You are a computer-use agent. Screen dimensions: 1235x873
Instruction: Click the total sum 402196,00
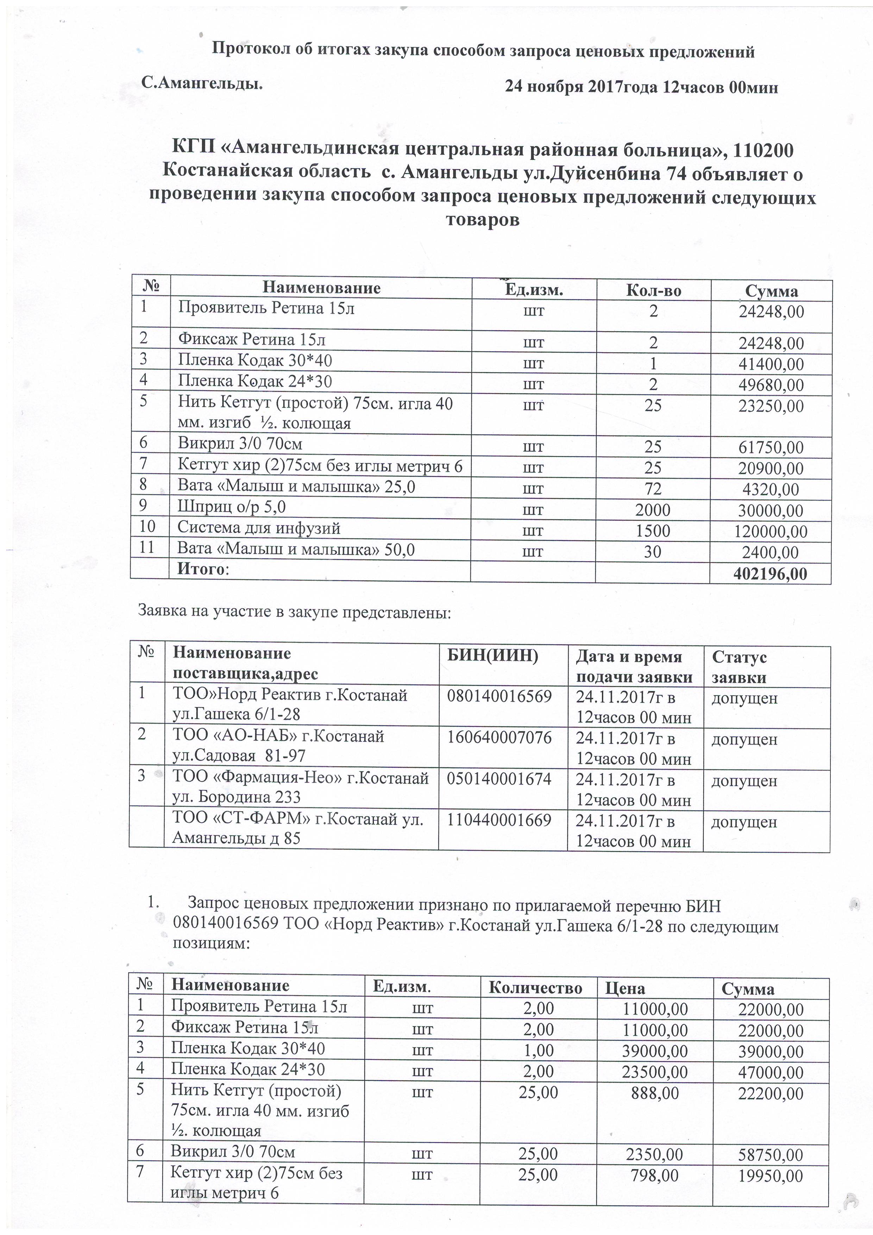(770, 574)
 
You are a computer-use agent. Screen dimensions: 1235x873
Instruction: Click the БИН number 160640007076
(499, 737)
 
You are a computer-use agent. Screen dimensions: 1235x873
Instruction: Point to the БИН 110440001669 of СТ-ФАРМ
(499, 820)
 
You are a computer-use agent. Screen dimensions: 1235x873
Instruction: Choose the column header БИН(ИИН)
(493, 656)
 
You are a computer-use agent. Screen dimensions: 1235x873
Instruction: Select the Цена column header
(625, 988)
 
